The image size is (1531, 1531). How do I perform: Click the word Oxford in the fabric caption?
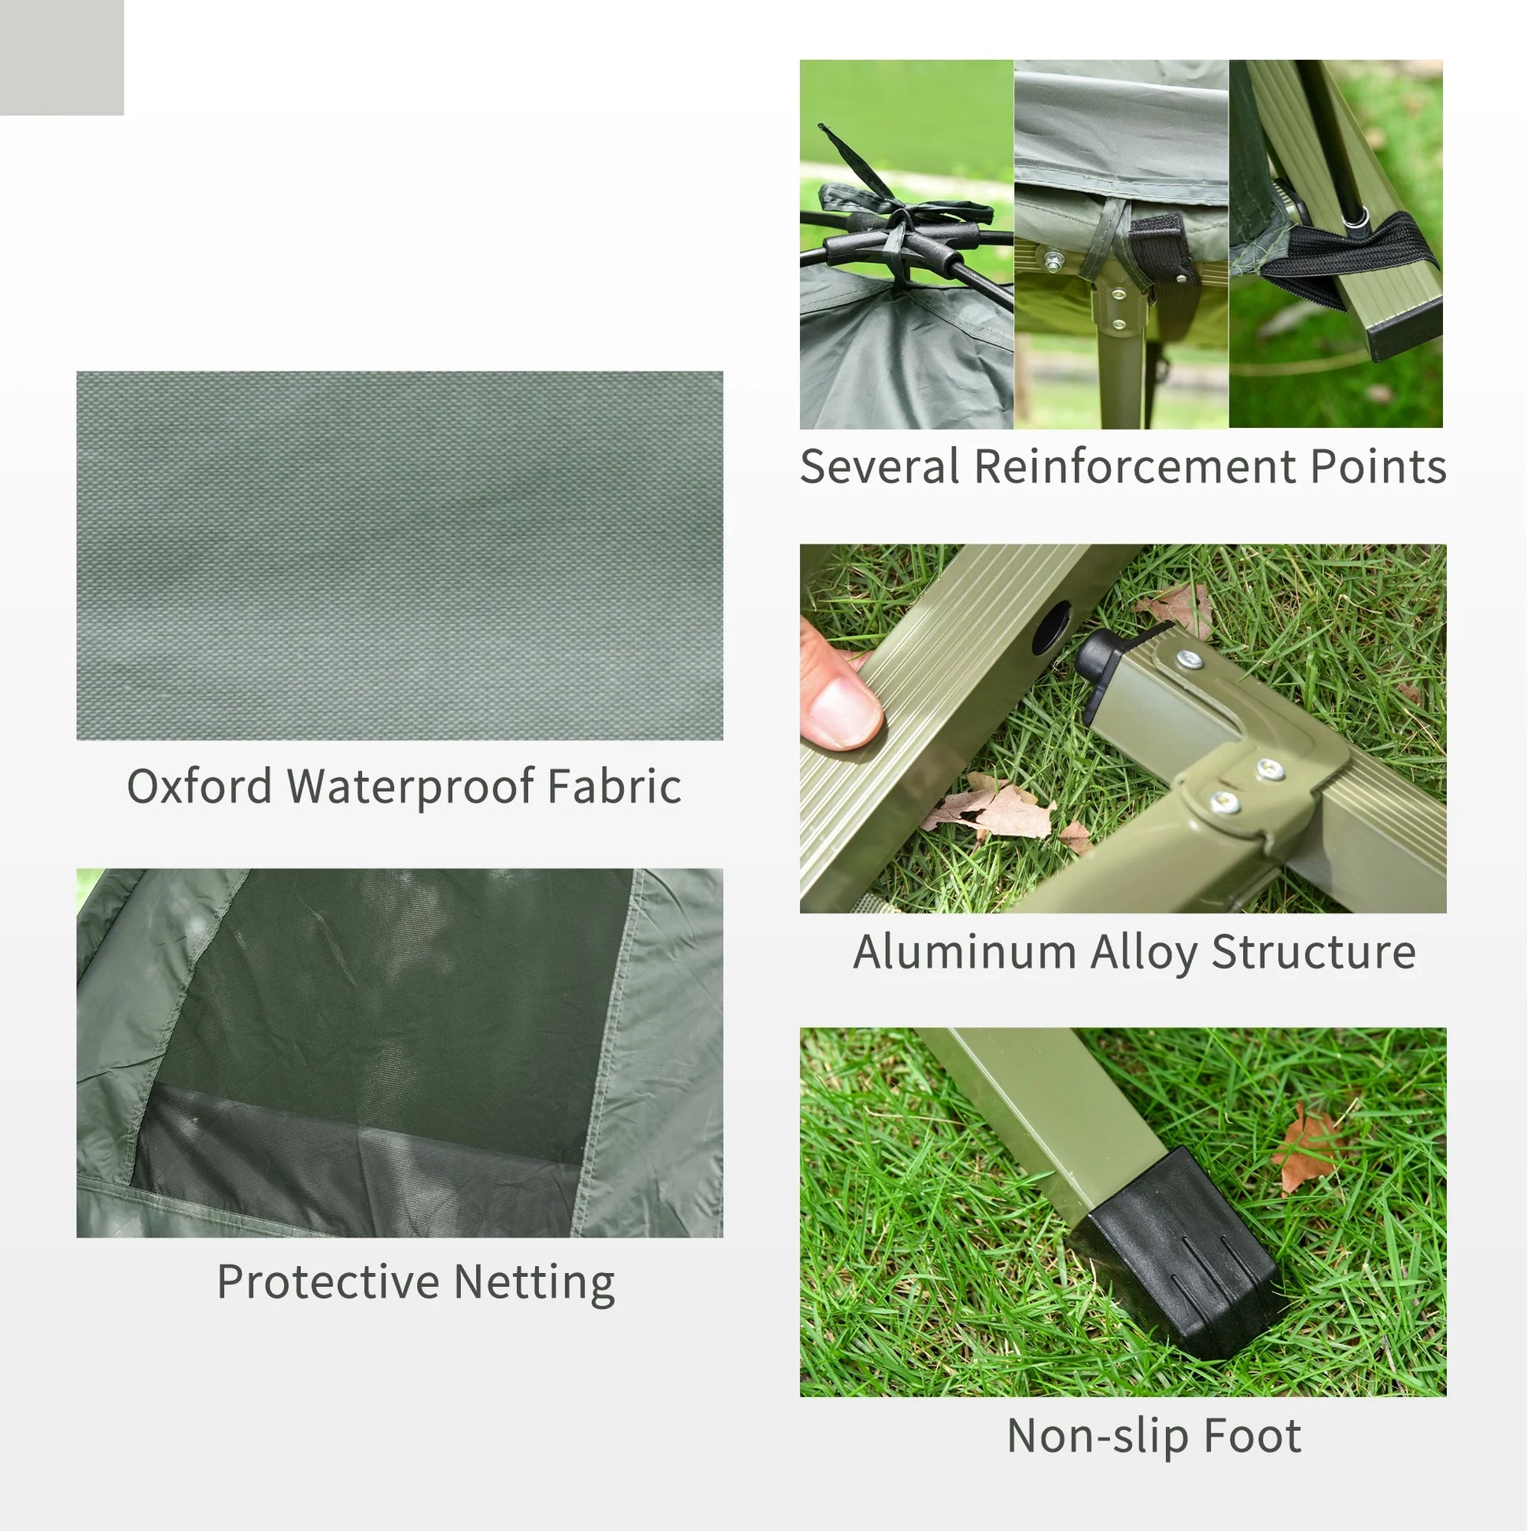coord(199,786)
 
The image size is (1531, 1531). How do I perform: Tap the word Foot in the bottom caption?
coord(1252,1435)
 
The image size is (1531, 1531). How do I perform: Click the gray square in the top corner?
coord(61,57)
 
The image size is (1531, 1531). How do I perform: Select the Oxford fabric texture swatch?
coord(400,555)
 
